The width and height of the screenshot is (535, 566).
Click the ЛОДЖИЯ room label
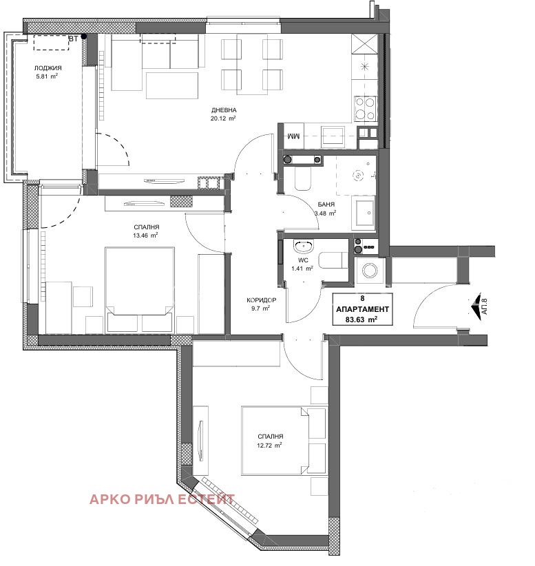pos(48,68)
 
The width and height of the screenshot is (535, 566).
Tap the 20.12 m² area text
pos(223,118)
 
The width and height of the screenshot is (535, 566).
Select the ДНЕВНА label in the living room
pos(224,110)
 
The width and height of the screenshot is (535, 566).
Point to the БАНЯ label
pos(326,205)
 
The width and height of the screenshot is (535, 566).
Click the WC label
pos(303,260)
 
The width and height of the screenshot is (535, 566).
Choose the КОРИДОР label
pos(262,300)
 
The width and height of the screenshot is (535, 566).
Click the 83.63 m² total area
pos(361,319)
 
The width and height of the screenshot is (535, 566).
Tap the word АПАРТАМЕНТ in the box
pos(362,309)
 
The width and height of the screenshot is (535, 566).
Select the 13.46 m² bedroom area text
pos(145,235)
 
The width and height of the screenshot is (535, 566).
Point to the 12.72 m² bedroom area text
pos(269,445)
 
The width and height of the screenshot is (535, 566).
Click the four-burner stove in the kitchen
pos(365,109)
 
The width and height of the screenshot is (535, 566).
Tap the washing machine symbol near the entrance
pos(370,271)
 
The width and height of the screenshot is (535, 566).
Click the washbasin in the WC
pos(303,247)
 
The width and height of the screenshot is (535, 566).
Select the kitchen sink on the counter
pos(333,136)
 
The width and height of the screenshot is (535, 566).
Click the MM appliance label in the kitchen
pos(293,136)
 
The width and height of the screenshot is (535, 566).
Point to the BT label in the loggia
pos(73,39)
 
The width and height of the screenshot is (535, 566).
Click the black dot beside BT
pos(84,36)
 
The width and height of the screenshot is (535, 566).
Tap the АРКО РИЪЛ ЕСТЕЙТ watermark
pos(162,499)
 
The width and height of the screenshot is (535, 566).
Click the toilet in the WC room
pos(333,260)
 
